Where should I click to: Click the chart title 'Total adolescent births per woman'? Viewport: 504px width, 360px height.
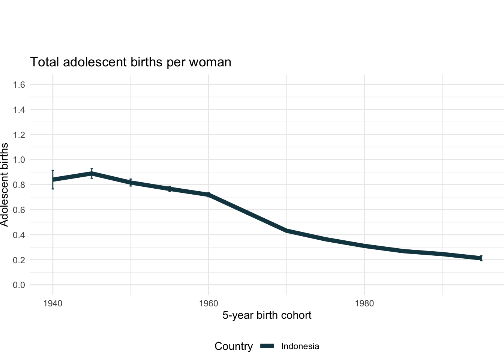point(130,62)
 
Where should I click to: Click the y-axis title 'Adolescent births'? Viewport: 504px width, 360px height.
point(4,184)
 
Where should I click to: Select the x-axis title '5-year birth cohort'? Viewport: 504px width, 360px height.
point(267,315)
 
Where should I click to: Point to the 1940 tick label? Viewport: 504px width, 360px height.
point(52,303)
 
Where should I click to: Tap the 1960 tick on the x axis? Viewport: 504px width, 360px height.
point(208,303)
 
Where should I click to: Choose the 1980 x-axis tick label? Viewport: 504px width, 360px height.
point(364,303)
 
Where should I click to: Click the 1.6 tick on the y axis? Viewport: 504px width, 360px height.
point(19,85)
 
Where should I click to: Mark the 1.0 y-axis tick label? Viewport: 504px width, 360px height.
point(19,160)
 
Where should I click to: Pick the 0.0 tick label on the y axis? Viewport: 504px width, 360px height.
point(19,285)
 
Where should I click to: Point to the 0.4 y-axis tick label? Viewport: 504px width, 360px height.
point(19,235)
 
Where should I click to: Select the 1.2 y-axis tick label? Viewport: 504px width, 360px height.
point(19,135)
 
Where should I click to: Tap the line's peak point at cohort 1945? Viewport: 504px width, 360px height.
point(91,174)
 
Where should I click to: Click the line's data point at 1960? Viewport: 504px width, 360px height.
point(208,195)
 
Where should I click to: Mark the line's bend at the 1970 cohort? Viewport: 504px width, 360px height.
point(286,231)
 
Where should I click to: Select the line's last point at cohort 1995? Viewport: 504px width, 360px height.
point(481,258)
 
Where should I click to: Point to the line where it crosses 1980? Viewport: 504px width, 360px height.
point(364,246)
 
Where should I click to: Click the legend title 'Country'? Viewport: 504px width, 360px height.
point(233,346)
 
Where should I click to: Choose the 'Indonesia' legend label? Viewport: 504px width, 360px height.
point(300,346)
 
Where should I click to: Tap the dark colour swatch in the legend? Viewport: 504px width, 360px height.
point(267,346)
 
